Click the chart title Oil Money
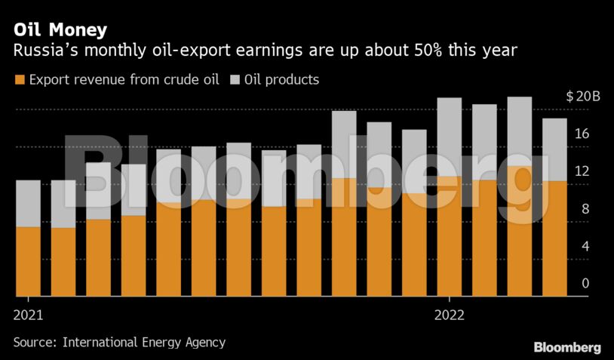[x=60, y=30]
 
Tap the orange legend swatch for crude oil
[x=19, y=79]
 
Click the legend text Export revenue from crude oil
[x=124, y=79]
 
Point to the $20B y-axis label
[x=582, y=97]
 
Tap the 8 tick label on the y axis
[x=585, y=209]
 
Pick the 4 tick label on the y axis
[x=585, y=246]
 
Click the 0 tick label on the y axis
[x=585, y=283]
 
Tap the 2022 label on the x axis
[x=449, y=314]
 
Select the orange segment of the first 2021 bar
[x=28, y=261]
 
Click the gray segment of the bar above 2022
[x=450, y=137]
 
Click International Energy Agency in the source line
[x=144, y=342]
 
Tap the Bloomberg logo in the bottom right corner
[x=567, y=347]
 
